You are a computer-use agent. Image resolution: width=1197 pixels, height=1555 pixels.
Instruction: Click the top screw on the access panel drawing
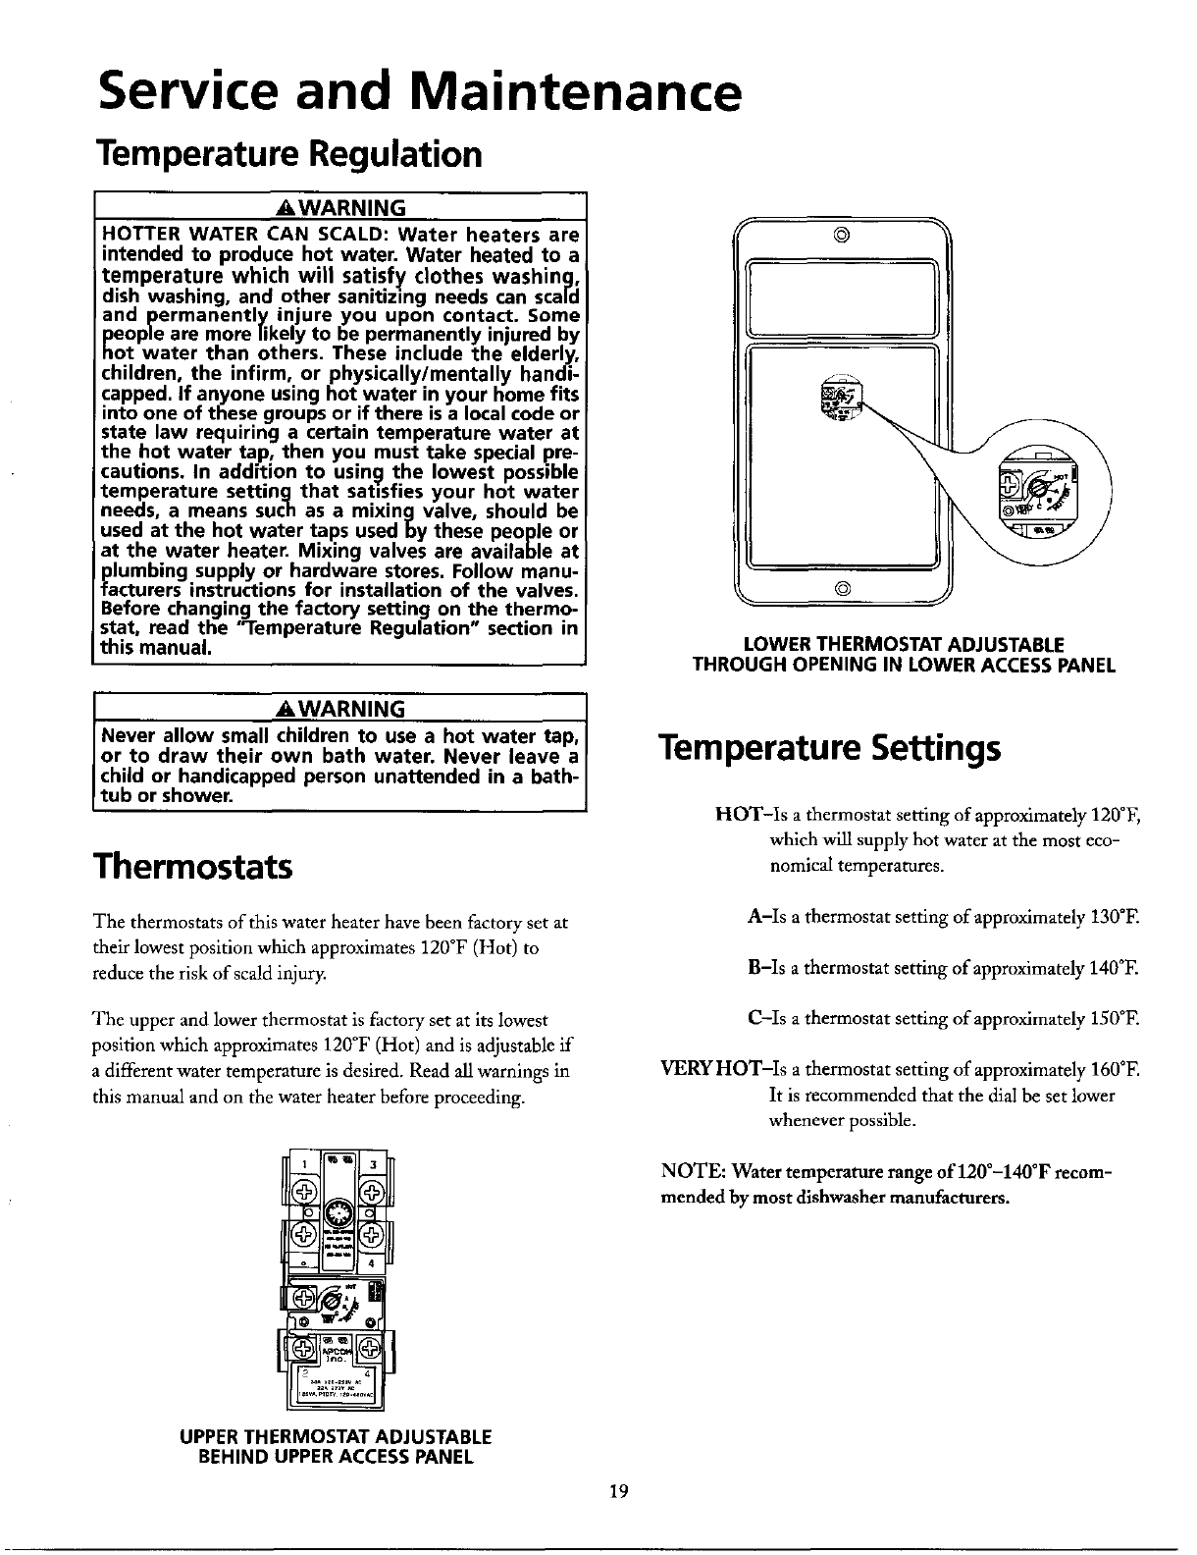843,236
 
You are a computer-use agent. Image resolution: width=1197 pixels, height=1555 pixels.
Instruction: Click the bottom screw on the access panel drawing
843,589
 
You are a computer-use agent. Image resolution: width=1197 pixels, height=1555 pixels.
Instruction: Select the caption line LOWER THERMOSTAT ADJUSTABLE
904,645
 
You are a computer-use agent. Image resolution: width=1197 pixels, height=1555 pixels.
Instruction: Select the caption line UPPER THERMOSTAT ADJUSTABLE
335,1436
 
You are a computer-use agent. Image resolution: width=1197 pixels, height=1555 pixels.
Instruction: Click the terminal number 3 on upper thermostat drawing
373,1164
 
